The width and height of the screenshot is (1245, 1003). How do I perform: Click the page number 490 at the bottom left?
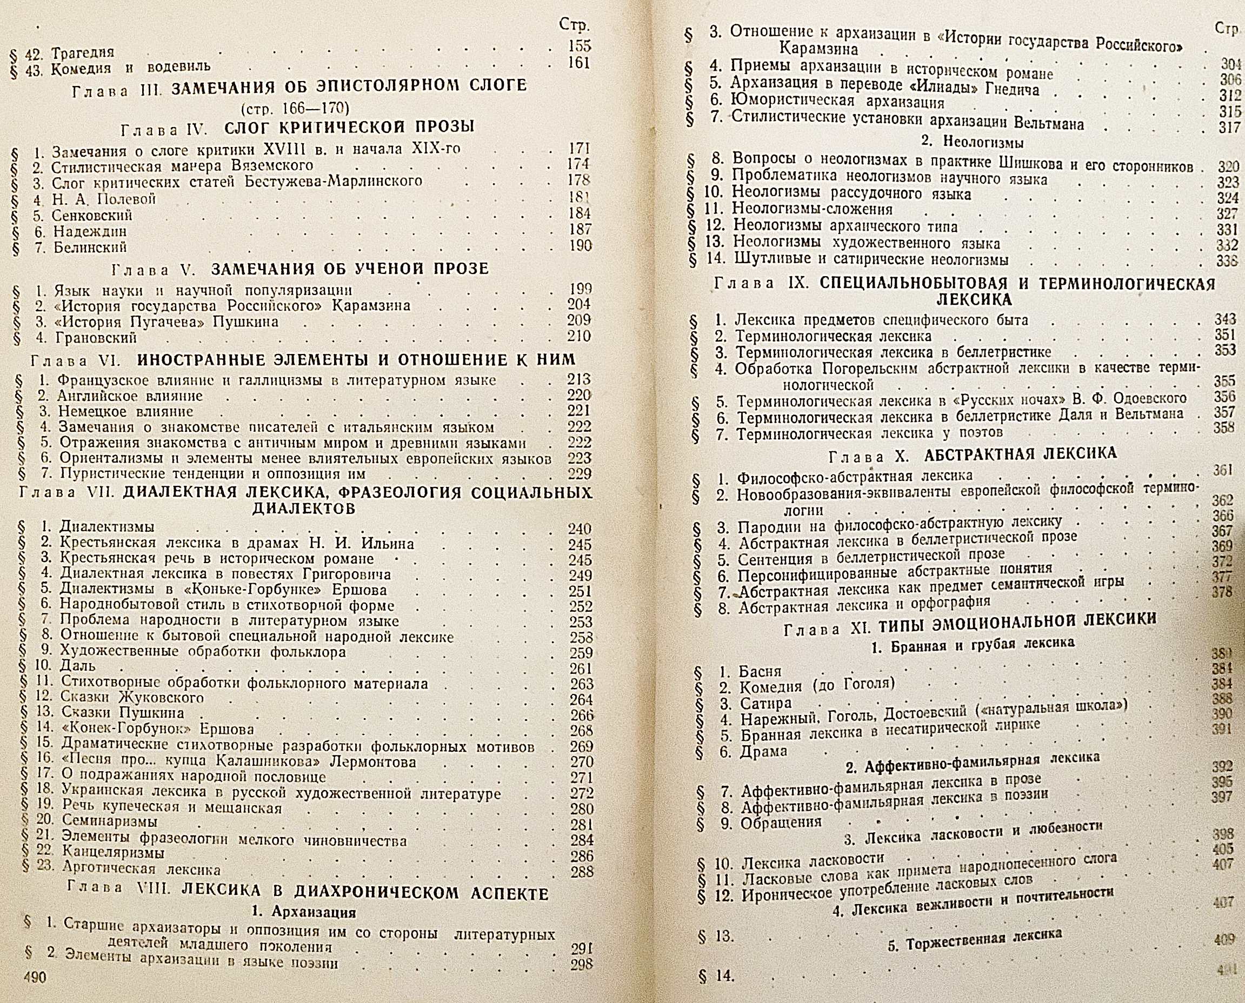coord(34,977)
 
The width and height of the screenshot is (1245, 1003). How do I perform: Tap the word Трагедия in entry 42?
coord(83,52)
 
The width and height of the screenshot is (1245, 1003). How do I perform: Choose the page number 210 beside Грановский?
coord(578,336)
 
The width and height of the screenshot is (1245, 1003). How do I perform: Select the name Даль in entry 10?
coord(78,667)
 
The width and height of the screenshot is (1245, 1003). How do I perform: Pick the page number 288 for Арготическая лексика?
coord(582,871)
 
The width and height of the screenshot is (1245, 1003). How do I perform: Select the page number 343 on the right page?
coord(1224,318)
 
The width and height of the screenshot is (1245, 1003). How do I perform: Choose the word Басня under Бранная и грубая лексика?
coord(760,671)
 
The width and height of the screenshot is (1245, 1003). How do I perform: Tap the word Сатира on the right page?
coord(765,704)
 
